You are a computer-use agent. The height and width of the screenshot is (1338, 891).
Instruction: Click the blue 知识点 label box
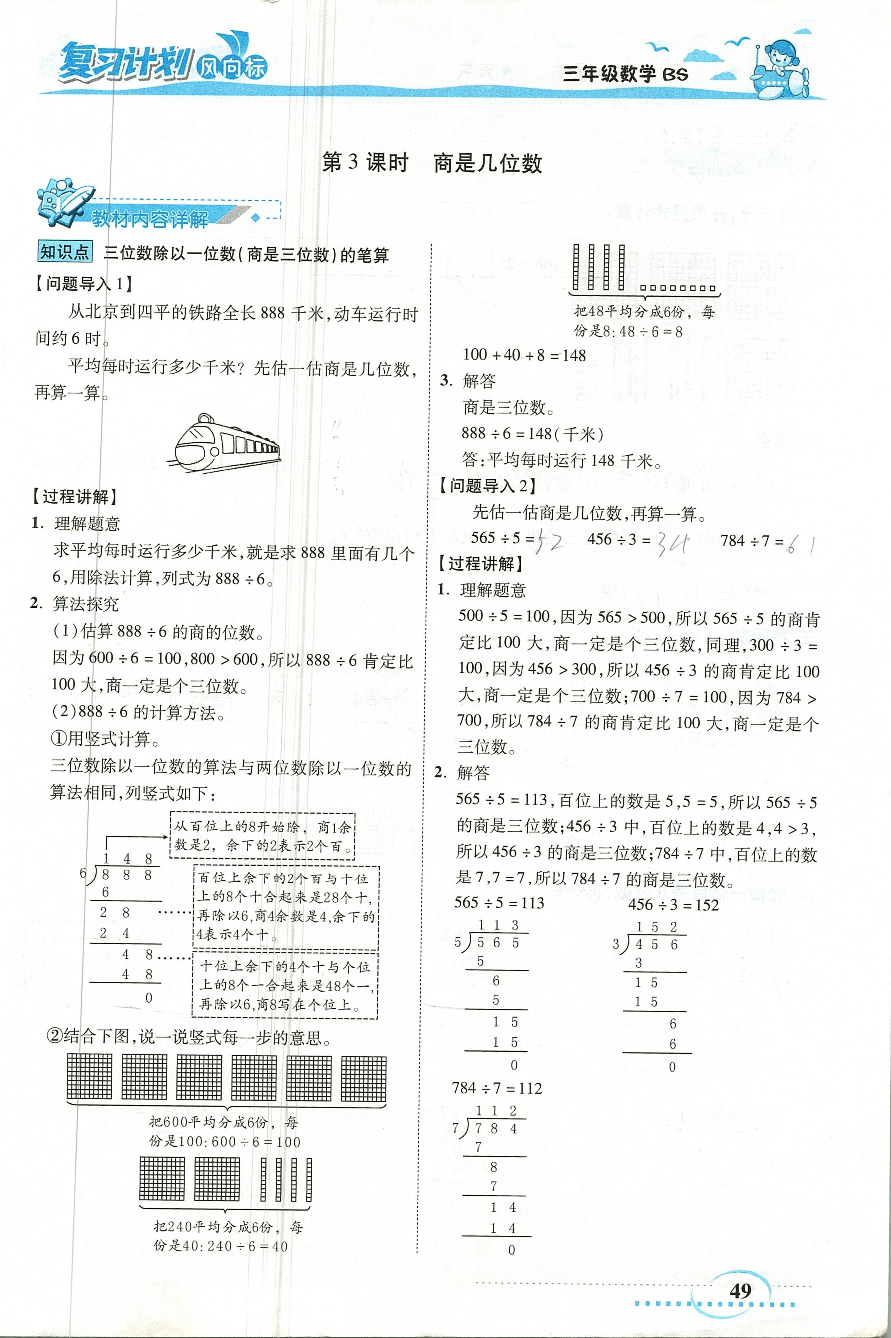pos(65,252)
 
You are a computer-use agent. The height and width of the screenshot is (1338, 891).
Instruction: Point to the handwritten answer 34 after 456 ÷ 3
pos(672,544)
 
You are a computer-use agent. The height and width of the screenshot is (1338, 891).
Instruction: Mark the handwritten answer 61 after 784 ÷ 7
pos(801,545)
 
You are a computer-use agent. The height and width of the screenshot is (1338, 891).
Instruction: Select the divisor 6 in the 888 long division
pos(83,873)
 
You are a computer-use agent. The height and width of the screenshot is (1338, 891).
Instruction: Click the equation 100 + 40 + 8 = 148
pos(524,355)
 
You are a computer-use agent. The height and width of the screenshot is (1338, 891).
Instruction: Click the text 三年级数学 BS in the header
pos(625,74)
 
